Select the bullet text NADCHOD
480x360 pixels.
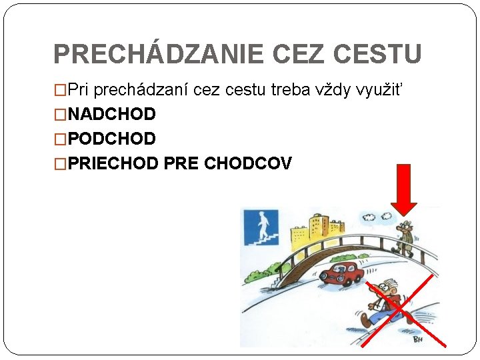click(111, 115)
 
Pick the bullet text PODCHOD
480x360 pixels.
click(111, 139)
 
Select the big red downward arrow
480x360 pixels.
click(403, 190)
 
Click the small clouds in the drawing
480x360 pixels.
click(370, 217)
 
